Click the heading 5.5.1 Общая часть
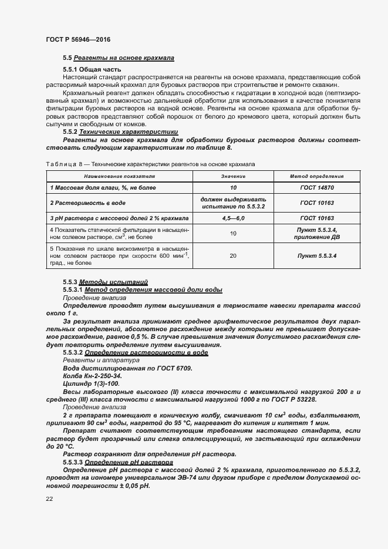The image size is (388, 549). pyautogui.click(x=92, y=70)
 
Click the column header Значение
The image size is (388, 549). pyautogui.click(x=233, y=176)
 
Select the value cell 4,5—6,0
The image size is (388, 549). pyautogui.click(x=233, y=218)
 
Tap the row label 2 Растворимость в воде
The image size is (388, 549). pyautogui.click(x=87, y=203)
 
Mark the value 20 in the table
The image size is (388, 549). pyautogui.click(x=233, y=256)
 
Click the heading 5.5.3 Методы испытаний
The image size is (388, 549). pyautogui.click(x=105, y=282)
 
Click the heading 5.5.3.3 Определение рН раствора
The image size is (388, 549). pyautogui.click(x=121, y=462)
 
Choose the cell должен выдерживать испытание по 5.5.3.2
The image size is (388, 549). pyautogui.click(x=233, y=203)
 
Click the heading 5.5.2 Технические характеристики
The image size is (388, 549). pyautogui.click(x=120, y=132)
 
